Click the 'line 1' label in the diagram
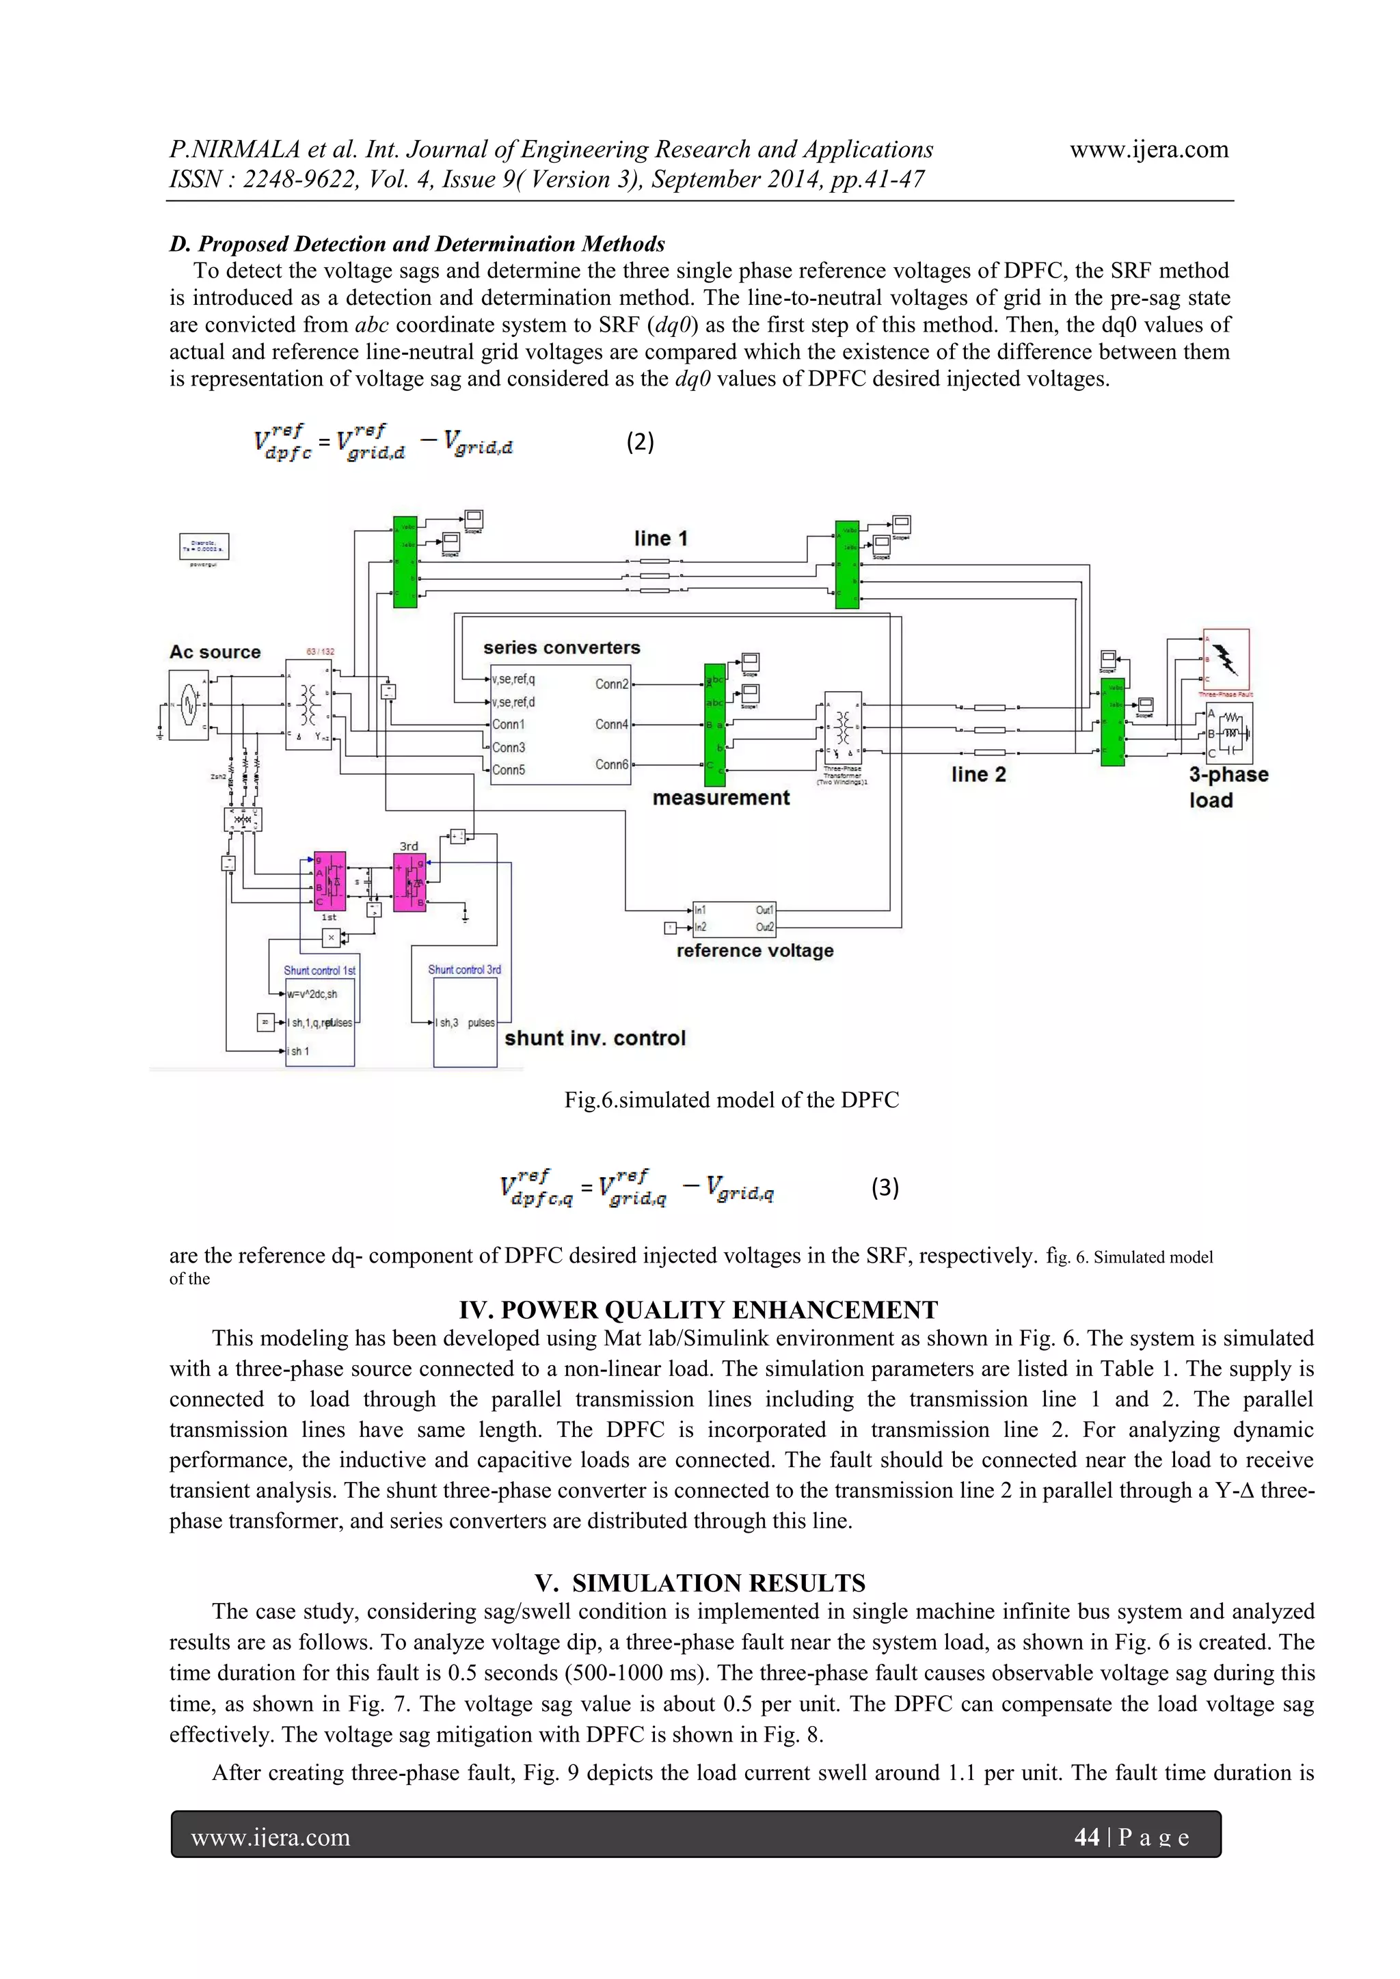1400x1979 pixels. coord(660,539)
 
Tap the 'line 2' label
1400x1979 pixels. coord(978,774)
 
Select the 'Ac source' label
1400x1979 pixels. coord(215,651)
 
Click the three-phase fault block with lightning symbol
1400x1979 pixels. coord(1226,660)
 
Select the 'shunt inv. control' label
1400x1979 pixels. coord(595,1038)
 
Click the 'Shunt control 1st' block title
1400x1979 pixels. coord(319,971)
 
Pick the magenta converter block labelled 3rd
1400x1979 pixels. coord(409,882)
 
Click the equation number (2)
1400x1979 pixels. coord(640,442)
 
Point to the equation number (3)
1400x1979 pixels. coord(885,1188)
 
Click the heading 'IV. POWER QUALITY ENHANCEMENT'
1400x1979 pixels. coord(698,1310)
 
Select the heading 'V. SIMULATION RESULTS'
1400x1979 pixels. coord(699,1583)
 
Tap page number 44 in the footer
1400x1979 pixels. coord(1086,1837)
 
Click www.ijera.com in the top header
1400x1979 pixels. coord(1148,149)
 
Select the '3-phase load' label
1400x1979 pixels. coord(1228,787)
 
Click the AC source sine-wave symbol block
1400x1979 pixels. coord(189,704)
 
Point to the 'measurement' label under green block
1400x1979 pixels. coord(721,798)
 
